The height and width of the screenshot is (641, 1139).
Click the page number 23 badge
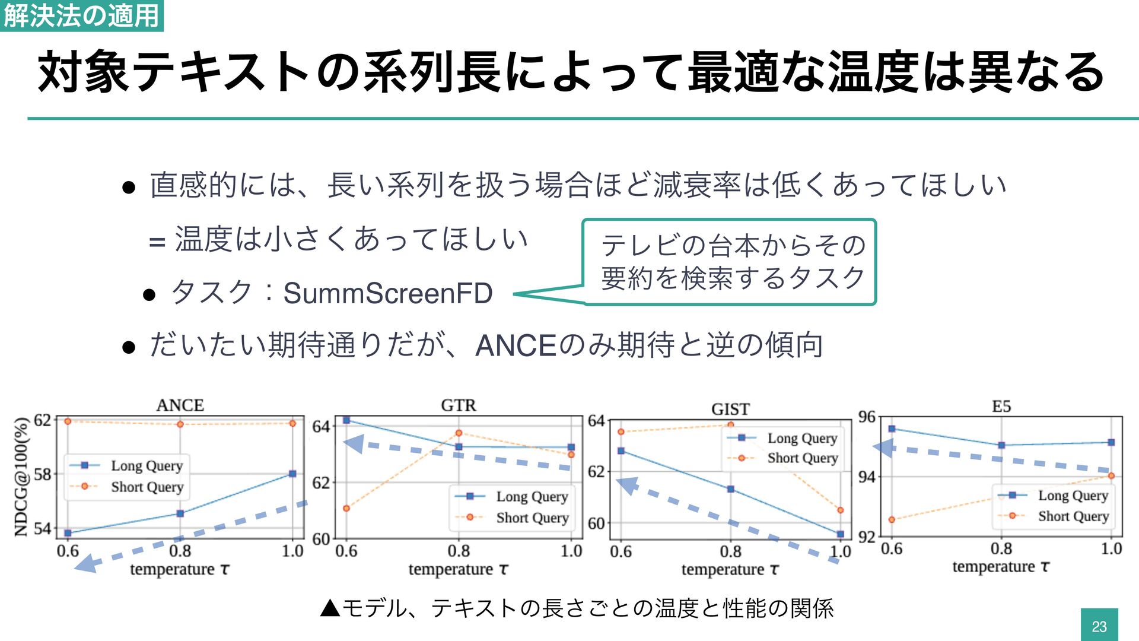point(1099,626)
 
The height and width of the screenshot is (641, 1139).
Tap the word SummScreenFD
point(388,293)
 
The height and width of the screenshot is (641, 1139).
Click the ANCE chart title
point(180,405)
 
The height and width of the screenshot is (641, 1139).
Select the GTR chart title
point(458,405)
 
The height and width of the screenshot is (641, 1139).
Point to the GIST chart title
point(730,409)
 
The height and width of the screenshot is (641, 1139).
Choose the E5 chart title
point(1001,407)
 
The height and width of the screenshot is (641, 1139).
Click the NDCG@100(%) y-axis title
point(22,477)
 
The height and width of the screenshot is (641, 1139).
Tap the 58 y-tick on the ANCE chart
point(42,474)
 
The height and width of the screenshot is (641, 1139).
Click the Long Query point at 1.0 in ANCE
point(292,474)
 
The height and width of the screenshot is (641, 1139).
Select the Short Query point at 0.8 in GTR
point(459,433)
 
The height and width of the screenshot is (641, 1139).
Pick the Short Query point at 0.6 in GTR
point(346,508)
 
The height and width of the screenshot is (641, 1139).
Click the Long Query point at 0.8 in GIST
point(730,489)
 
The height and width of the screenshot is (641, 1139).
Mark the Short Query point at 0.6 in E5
point(892,519)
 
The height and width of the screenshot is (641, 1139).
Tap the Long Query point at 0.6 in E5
point(892,429)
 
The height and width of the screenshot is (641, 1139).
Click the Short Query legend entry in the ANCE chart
point(147,487)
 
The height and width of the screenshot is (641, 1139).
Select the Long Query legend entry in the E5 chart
point(1073,496)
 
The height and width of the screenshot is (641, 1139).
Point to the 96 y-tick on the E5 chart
point(867,417)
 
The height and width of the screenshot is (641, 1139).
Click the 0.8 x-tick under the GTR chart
point(459,551)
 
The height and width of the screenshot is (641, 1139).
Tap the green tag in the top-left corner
point(81,15)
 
